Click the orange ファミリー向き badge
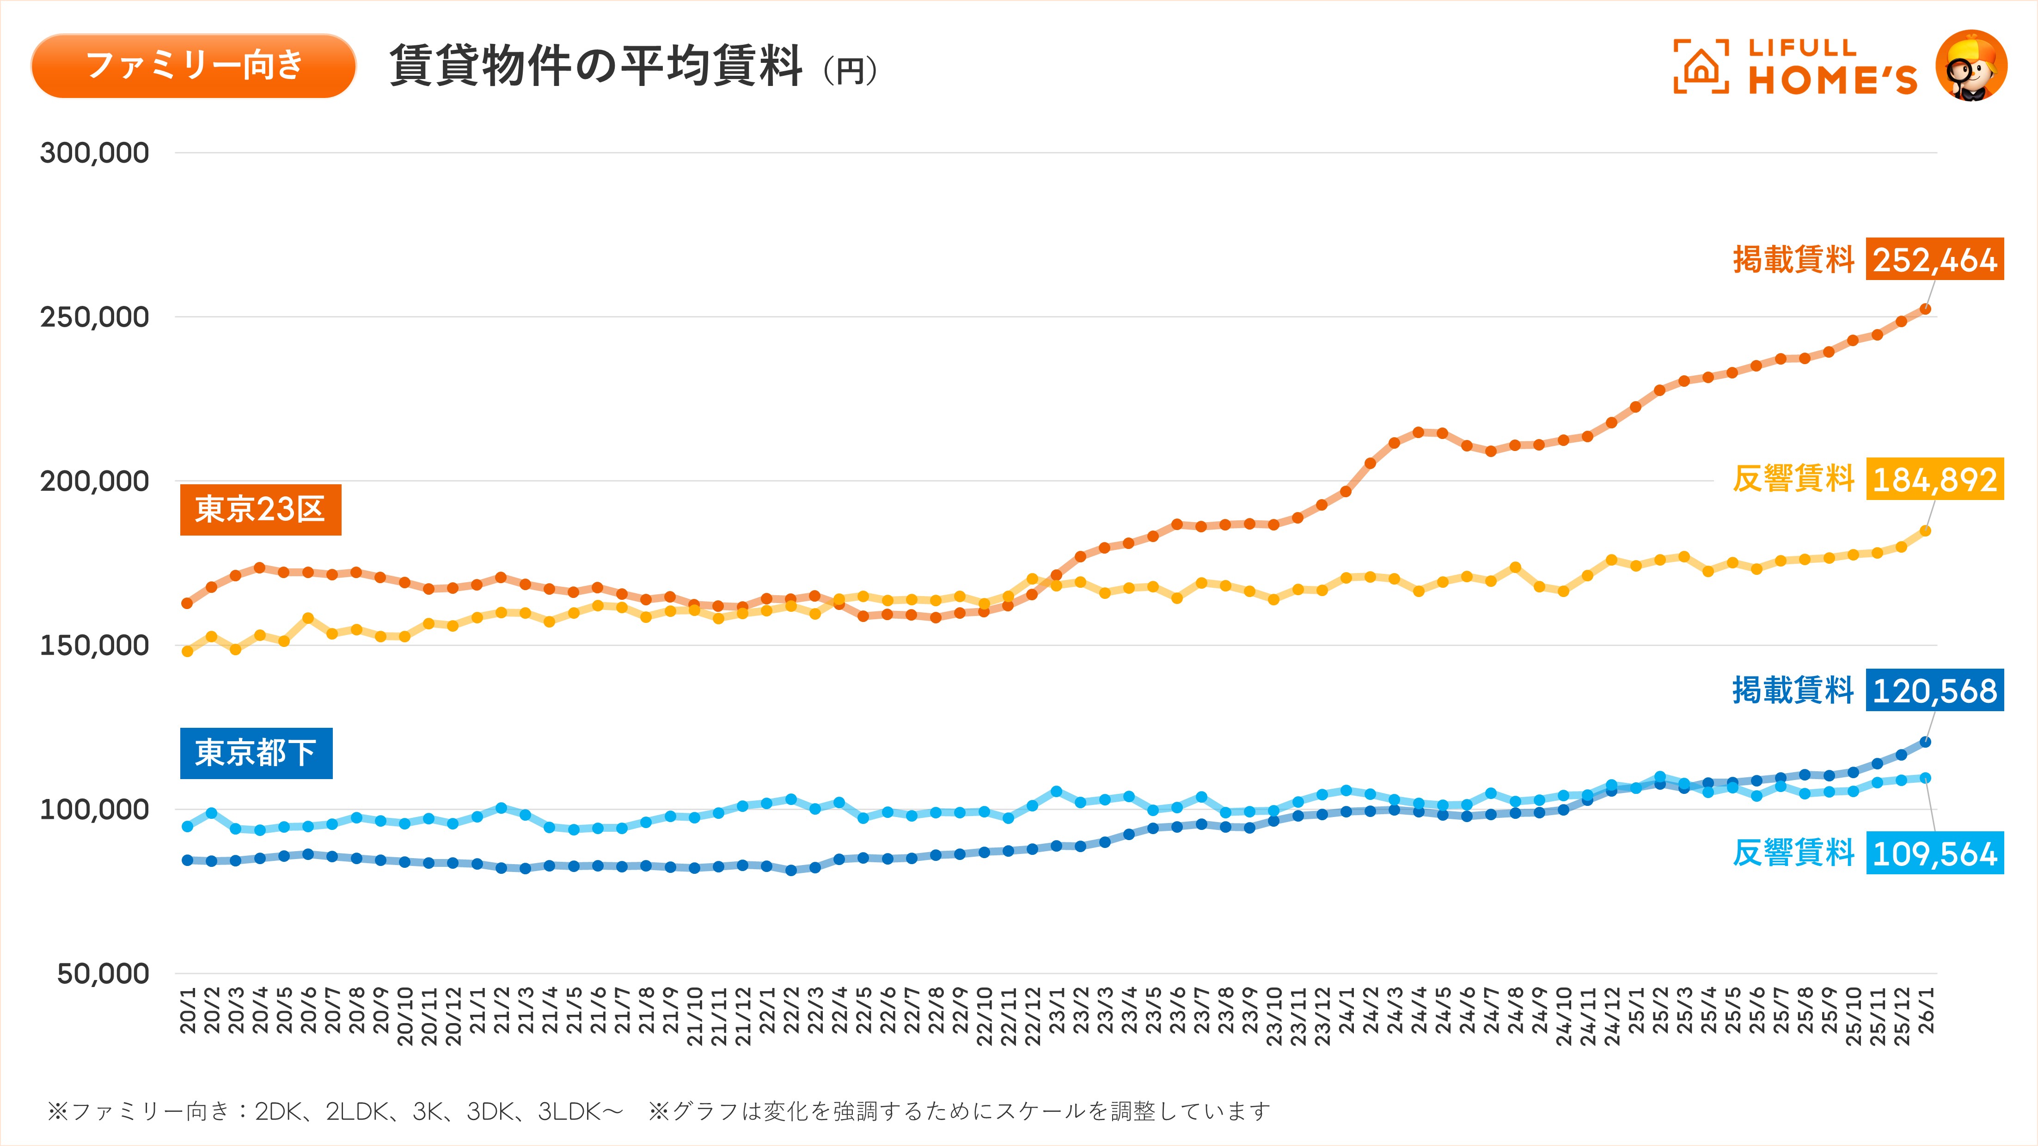click(x=194, y=66)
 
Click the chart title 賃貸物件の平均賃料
click(x=596, y=66)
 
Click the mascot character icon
click(x=1971, y=66)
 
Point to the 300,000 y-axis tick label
click(x=95, y=152)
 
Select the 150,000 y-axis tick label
click(x=95, y=646)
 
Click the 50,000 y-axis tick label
click(x=103, y=974)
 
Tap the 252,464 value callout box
click(x=1934, y=259)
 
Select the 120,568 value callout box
click(x=1934, y=690)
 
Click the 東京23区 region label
click(x=260, y=509)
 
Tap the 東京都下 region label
click(x=256, y=753)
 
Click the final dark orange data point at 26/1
click(x=1926, y=309)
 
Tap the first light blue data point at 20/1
click(x=188, y=827)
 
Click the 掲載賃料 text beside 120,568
click(x=1793, y=690)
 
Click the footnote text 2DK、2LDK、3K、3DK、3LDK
click(x=439, y=1111)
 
